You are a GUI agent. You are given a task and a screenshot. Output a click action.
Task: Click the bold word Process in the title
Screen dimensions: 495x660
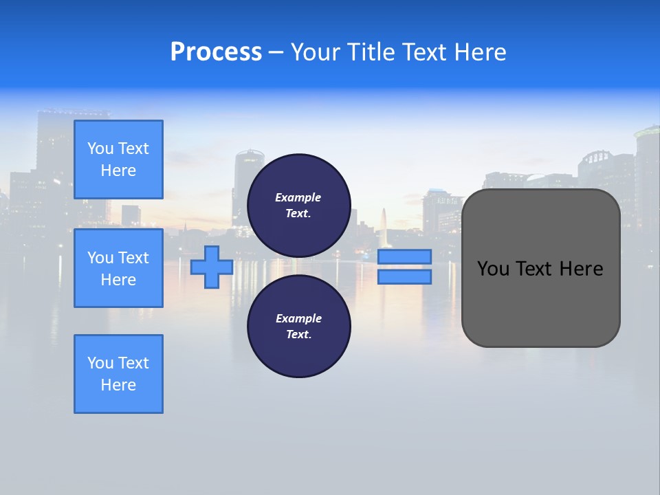pos(216,52)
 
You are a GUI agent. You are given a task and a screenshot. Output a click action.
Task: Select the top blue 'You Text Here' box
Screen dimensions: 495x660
pos(118,159)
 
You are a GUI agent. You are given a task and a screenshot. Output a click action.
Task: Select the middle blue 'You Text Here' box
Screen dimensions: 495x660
pos(118,268)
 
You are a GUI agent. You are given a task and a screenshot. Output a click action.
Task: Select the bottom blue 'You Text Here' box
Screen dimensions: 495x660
pos(118,374)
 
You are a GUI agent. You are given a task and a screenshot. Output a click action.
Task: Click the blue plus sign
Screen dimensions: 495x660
pos(211,267)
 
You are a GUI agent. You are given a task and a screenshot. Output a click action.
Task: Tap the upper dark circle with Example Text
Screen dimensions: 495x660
pos(298,206)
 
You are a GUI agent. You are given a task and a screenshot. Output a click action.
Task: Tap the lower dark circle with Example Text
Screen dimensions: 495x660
pos(298,327)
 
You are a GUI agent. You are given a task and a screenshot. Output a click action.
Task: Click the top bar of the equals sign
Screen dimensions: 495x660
pos(404,256)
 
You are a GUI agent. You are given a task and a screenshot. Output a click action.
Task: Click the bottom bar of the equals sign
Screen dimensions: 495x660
pos(404,277)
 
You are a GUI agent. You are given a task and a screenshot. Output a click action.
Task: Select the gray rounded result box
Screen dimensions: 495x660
pos(540,302)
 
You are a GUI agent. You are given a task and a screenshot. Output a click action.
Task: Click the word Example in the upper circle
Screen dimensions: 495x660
pos(298,198)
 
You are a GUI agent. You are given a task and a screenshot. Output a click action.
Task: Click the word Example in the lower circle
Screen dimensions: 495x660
pos(298,319)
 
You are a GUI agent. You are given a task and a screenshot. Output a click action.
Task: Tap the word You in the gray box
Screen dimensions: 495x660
pos(493,269)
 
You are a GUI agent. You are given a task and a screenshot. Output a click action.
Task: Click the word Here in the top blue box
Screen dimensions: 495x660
pos(118,170)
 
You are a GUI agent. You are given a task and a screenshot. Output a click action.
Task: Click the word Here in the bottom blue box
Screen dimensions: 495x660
pos(118,385)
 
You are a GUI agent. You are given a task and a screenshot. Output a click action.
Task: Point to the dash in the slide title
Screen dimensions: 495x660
pos(276,52)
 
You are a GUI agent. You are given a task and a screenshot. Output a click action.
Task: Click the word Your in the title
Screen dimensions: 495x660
pos(316,52)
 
